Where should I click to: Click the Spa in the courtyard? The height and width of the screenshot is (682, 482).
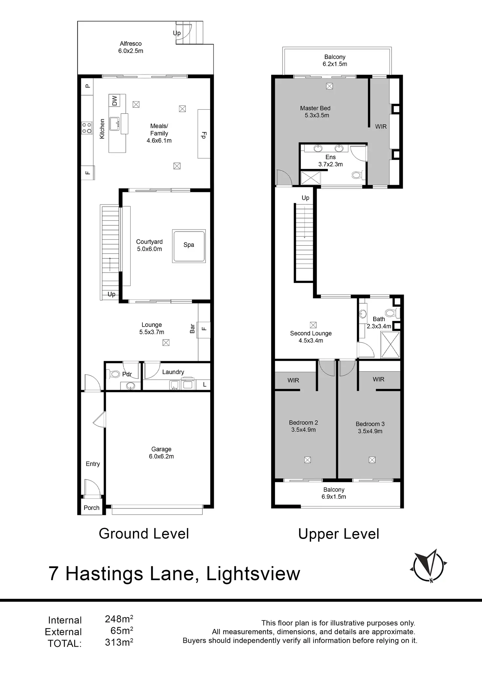pyautogui.click(x=189, y=246)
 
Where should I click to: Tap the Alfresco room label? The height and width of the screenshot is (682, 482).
pyautogui.click(x=131, y=44)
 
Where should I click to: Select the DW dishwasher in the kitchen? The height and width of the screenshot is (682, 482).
pyautogui.click(x=114, y=101)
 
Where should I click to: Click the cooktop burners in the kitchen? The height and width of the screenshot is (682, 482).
pyautogui.click(x=87, y=128)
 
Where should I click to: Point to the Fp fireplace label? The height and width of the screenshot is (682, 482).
pyautogui.click(x=204, y=135)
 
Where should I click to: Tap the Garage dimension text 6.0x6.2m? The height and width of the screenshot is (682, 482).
pyautogui.click(x=161, y=456)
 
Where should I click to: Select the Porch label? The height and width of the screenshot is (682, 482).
pyautogui.click(x=91, y=508)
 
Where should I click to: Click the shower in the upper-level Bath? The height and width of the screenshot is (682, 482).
pyautogui.click(x=390, y=345)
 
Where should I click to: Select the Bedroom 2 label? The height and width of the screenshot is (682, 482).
pyautogui.click(x=304, y=423)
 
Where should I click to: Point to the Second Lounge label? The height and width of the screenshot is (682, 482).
pyautogui.click(x=311, y=333)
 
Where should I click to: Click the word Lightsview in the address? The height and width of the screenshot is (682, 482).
pyautogui.click(x=253, y=574)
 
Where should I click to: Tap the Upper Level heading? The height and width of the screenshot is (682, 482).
pyautogui.click(x=339, y=534)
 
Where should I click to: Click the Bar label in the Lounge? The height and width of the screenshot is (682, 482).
pyautogui.click(x=192, y=329)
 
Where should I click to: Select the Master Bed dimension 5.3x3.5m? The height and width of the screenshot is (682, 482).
pyautogui.click(x=317, y=115)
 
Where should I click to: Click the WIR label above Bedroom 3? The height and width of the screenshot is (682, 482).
pyautogui.click(x=379, y=379)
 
